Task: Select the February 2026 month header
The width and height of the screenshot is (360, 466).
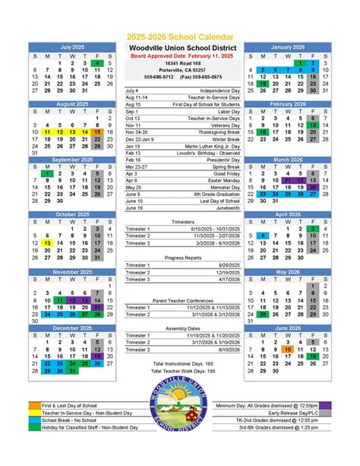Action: click(x=287, y=103)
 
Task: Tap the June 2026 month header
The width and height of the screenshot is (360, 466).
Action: click(x=287, y=328)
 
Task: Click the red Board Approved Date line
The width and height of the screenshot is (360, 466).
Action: click(x=180, y=56)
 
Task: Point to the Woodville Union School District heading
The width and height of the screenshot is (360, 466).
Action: click(x=180, y=47)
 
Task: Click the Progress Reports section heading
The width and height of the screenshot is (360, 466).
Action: click(x=180, y=257)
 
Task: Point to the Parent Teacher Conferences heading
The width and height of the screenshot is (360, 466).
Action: click(x=180, y=300)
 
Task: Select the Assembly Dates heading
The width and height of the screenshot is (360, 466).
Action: click(x=180, y=328)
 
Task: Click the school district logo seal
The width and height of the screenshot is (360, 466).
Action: click(x=180, y=423)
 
